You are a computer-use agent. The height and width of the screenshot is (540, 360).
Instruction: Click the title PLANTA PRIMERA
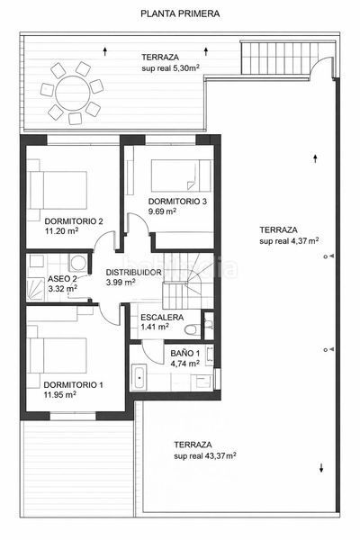(180, 13)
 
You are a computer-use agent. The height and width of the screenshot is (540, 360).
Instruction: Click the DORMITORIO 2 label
(74, 221)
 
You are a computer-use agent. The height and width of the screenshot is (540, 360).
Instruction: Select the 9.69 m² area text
(162, 211)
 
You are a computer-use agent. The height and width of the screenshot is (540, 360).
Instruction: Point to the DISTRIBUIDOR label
(134, 272)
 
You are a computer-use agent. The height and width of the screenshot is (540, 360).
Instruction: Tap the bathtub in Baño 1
(139, 378)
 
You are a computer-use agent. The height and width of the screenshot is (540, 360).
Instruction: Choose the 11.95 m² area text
(60, 395)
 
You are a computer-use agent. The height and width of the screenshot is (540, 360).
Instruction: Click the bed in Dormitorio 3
(181, 175)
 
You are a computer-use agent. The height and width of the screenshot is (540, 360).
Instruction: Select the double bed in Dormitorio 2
(58, 190)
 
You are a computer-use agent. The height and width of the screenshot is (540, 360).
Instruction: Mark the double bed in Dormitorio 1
(58, 355)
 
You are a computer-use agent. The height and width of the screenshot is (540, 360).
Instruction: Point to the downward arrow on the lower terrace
(321, 468)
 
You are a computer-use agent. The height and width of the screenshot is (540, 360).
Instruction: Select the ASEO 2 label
(62, 278)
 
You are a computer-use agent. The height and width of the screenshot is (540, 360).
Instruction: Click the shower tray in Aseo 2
(36, 290)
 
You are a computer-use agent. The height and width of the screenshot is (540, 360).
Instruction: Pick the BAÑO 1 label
(185, 353)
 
